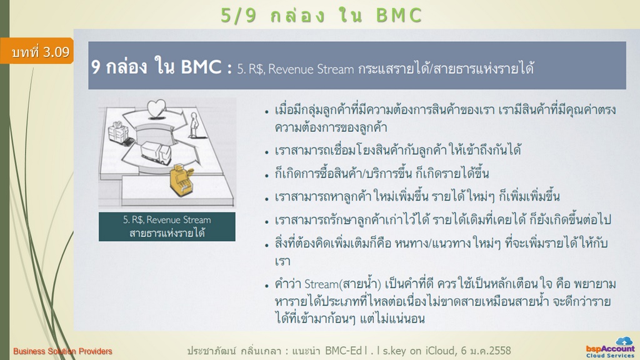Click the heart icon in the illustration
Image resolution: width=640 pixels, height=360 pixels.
[156, 109]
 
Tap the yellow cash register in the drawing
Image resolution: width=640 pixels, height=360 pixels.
[181, 180]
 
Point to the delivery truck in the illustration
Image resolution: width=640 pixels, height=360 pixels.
[156, 152]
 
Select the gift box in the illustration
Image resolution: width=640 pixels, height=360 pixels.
[118, 132]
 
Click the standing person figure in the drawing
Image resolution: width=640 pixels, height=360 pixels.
[194, 124]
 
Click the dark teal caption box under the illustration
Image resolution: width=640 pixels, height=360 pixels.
[167, 226]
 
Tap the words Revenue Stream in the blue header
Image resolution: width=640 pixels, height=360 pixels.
[311, 69]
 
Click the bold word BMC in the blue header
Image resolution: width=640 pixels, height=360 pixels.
[201, 67]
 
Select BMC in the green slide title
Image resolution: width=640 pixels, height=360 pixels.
[399, 16]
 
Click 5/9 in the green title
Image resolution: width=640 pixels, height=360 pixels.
[238, 16]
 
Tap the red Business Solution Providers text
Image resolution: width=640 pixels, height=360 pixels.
[62, 351]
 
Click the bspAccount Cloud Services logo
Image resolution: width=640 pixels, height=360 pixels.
[611, 348]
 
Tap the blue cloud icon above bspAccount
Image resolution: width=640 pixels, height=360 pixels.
[624, 341]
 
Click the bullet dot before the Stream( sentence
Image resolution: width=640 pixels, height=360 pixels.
[266, 286]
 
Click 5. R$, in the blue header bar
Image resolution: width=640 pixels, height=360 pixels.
[251, 69]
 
